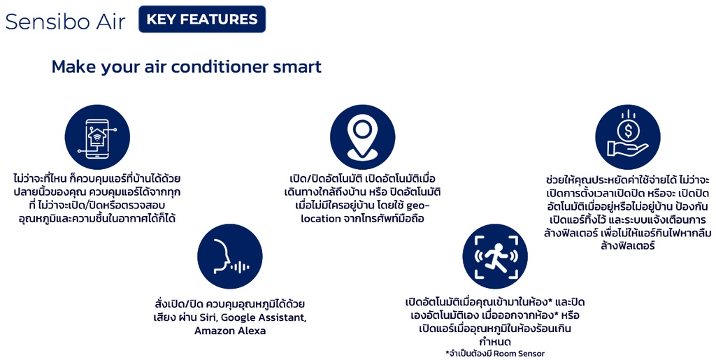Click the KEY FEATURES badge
202,19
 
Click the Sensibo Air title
65,21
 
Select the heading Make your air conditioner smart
186,66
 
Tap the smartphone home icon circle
97,137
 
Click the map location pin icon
363,137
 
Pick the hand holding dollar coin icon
628,137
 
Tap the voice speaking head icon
229,256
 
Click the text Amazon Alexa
230,331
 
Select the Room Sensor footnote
495,353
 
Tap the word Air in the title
110,21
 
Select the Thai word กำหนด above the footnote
495,341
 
